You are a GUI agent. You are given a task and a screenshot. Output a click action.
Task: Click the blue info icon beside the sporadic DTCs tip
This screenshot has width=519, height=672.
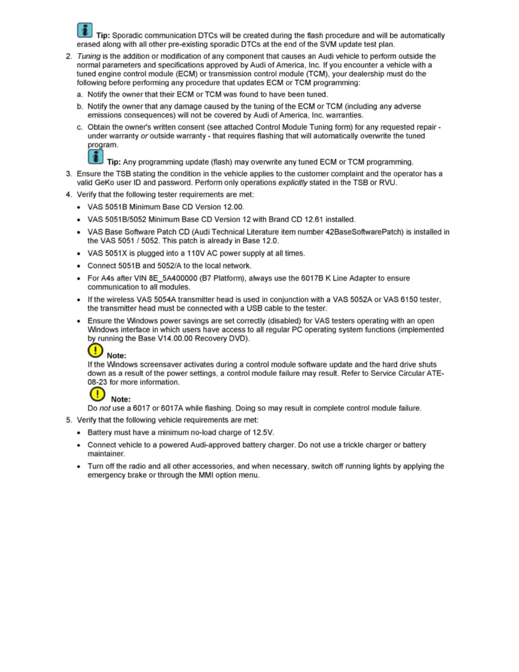(x=85, y=31)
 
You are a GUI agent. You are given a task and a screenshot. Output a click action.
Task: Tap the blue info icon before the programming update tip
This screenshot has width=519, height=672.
(x=96, y=156)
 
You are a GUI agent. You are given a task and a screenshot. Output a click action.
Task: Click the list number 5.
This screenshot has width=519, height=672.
(x=69, y=420)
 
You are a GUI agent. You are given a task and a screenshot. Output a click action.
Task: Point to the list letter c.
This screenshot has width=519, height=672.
(x=80, y=127)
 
